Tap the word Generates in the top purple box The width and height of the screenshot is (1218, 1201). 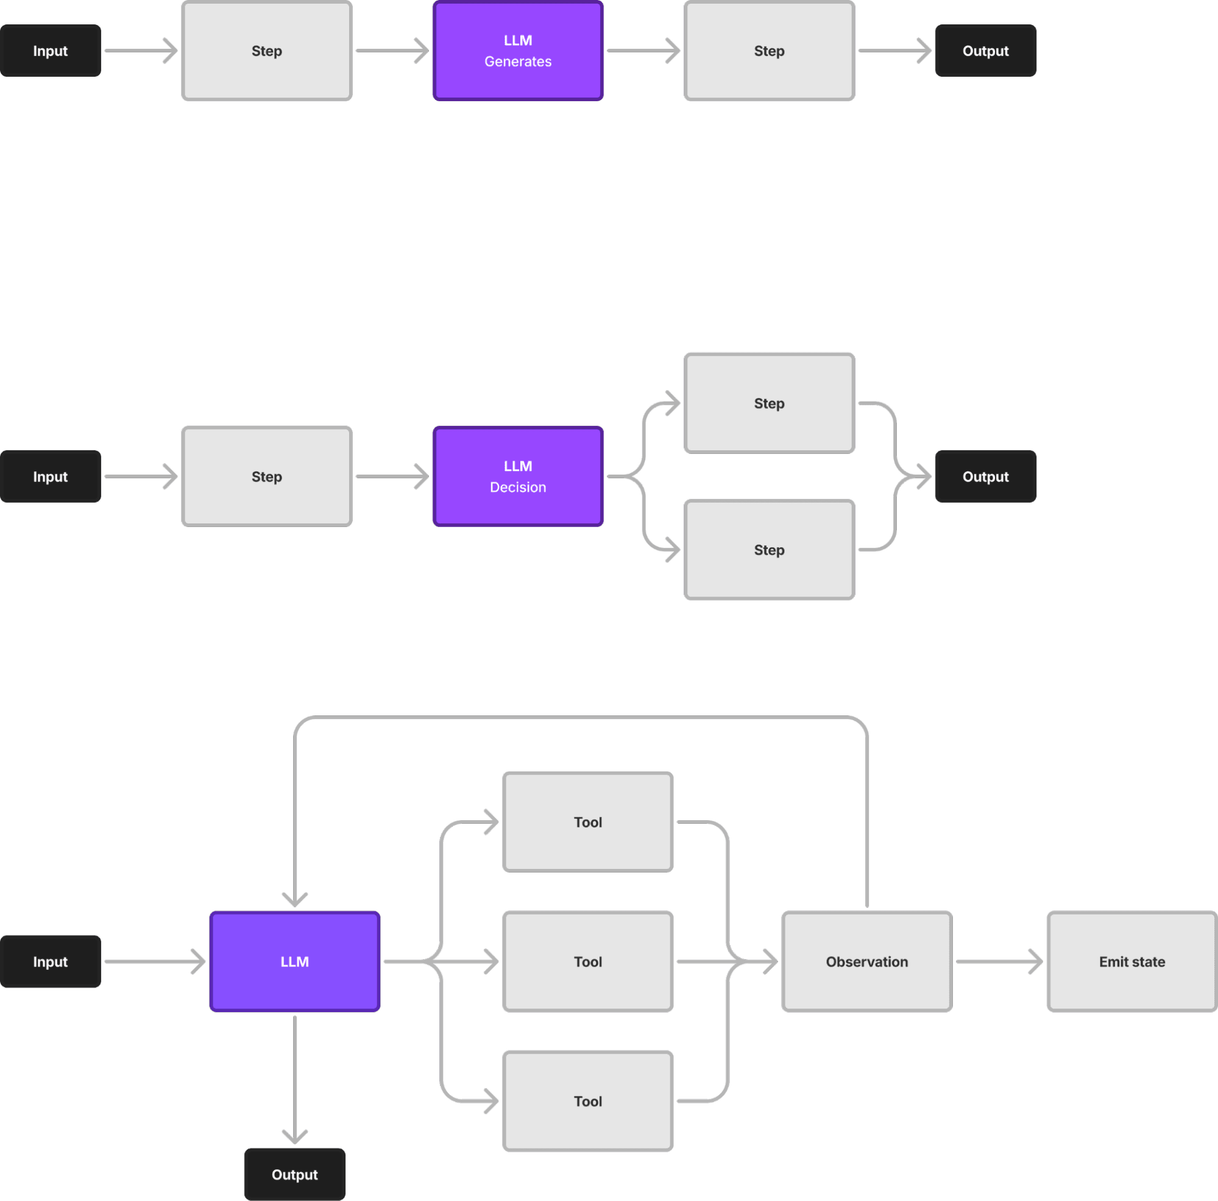[517, 61]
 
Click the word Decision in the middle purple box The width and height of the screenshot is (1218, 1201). [517, 487]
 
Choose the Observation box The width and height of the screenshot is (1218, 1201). [867, 962]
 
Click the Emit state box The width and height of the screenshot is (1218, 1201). [1131, 962]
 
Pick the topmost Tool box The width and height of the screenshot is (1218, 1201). [587, 822]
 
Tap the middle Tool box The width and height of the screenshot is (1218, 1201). [587, 962]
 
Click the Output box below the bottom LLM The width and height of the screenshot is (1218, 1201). [294, 1174]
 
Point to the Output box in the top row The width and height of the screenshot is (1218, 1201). [985, 51]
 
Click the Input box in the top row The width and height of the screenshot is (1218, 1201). [51, 51]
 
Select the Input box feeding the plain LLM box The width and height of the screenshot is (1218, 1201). [51, 962]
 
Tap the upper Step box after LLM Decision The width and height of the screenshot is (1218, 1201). [769, 403]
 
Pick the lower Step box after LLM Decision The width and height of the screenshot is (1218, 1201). [769, 550]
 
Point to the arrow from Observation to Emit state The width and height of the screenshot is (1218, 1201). [999, 962]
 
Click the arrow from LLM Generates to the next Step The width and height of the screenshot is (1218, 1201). [643, 51]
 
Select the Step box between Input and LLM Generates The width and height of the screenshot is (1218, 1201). [267, 51]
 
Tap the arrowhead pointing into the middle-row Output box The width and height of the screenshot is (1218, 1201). [924, 476]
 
